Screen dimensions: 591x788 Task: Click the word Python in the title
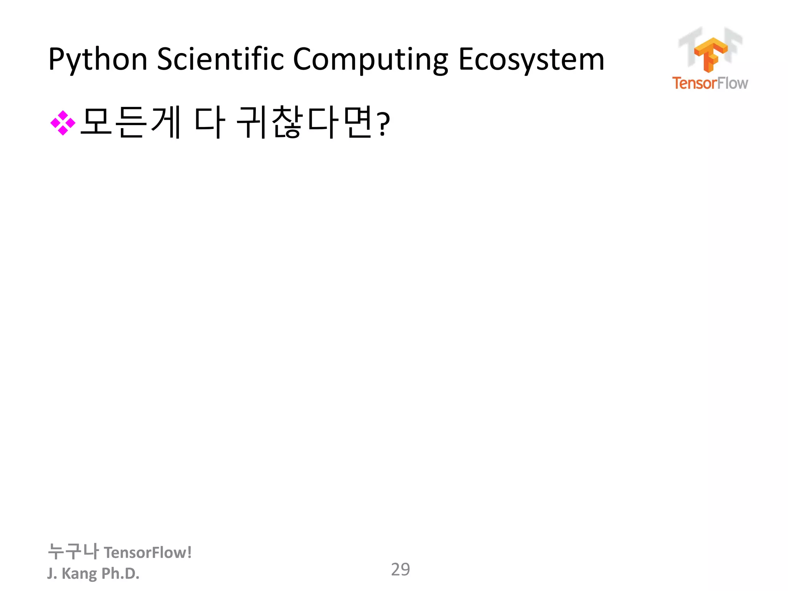click(98, 60)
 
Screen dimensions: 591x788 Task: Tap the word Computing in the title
click(370, 60)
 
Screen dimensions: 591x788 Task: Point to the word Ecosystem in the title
click(531, 60)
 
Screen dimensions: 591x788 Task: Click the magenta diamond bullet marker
click(63, 123)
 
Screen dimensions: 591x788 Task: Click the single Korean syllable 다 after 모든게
click(210, 122)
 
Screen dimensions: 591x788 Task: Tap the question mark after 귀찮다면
click(383, 124)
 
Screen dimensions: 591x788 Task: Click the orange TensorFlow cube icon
click(710, 54)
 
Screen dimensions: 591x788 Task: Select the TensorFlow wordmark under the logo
click(710, 83)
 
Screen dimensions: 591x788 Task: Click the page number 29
click(400, 569)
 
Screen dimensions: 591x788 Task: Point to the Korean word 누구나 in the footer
click(73, 551)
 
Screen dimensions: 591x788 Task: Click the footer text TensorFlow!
click(148, 553)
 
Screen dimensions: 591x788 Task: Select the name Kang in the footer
click(79, 573)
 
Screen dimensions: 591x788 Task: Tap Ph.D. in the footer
click(120, 573)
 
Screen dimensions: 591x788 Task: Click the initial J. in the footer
click(52, 573)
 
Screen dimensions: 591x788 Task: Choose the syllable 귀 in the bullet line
click(252, 122)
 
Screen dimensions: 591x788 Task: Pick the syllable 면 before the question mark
click(358, 122)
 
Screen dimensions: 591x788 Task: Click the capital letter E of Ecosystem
click(466, 60)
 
